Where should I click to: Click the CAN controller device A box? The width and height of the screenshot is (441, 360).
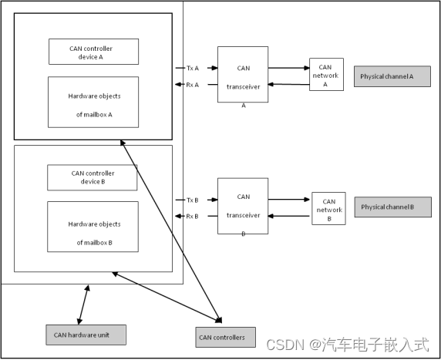click(93, 51)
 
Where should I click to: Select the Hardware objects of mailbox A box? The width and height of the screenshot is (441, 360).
click(93, 102)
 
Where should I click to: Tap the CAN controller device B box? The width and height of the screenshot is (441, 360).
click(92, 177)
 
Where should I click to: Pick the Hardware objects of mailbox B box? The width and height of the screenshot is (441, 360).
click(93, 226)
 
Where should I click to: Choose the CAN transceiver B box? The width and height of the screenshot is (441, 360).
click(243, 206)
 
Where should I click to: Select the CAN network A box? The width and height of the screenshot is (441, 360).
click(326, 75)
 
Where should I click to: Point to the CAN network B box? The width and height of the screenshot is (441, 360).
click(328, 208)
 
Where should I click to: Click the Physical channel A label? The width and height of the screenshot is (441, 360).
click(392, 76)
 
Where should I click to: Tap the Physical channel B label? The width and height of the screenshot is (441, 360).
click(392, 207)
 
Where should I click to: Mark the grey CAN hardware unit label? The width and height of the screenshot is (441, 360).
click(85, 335)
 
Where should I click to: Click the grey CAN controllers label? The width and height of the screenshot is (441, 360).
click(222, 337)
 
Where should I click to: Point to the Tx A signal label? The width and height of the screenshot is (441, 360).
click(192, 68)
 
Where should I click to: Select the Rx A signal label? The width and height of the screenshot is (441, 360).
click(192, 85)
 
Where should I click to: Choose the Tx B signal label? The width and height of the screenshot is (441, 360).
click(192, 200)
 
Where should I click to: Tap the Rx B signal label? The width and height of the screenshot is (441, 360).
click(192, 216)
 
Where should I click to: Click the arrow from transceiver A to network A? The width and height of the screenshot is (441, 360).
click(288, 68)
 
